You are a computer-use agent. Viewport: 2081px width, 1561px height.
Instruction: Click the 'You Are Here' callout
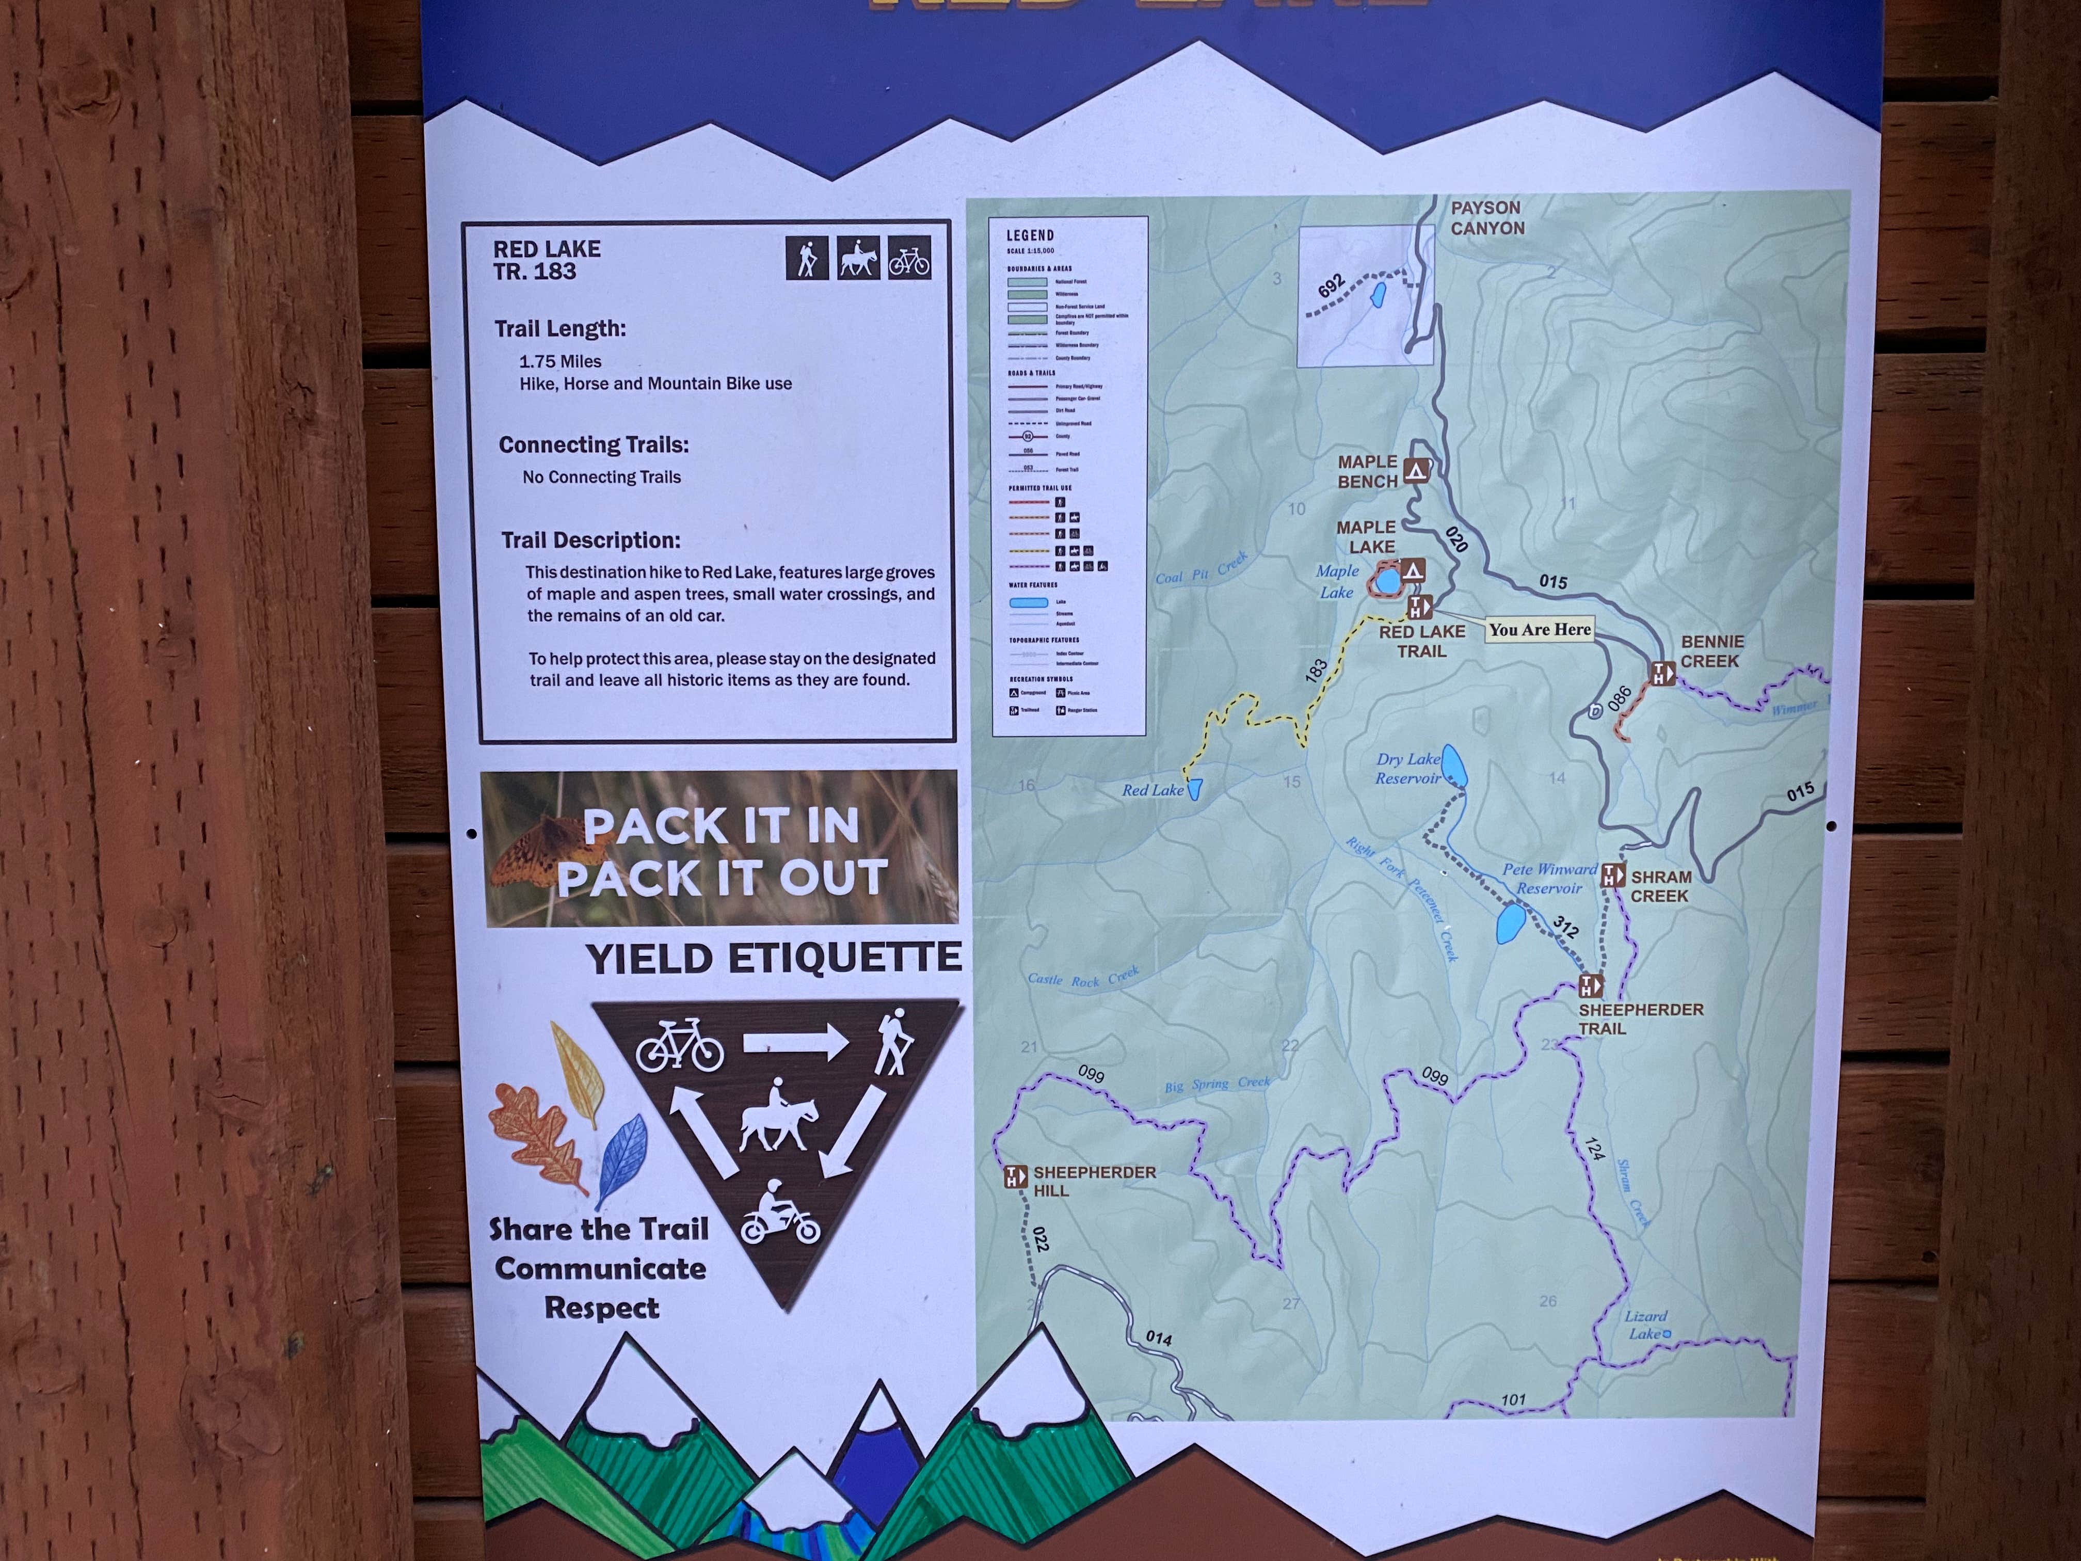pos(1539,629)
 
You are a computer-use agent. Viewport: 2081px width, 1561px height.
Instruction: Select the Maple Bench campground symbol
pos(1416,470)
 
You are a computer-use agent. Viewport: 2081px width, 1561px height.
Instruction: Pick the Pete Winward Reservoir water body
pos(1510,924)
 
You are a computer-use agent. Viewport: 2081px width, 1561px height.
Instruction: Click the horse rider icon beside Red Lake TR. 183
pos(858,258)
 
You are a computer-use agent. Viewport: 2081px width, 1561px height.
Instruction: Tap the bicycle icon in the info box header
pos(909,258)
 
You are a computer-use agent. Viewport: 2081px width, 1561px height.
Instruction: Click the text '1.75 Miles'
pos(560,361)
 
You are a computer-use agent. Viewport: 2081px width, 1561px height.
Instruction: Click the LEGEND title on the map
pos(1030,235)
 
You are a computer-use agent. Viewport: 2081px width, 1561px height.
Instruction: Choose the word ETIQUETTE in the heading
pos(844,959)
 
